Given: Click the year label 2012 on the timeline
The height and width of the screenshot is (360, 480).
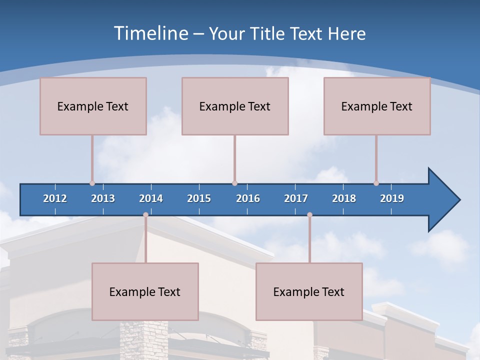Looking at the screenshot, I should tap(55, 198).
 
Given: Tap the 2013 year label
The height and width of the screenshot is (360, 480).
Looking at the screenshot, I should tap(103, 198).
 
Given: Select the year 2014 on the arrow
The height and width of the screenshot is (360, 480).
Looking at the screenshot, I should tap(151, 198).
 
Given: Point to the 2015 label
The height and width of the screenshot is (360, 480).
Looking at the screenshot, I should tap(199, 198).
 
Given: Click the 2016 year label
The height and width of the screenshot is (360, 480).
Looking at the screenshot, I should tap(248, 198).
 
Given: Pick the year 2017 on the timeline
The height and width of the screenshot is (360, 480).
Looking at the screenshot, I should tap(296, 198).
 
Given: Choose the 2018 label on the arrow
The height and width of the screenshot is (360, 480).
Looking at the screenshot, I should tap(344, 198).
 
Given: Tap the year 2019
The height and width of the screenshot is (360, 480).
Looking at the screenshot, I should tap(392, 198).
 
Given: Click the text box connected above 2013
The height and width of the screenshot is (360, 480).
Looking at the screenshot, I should tap(93, 106).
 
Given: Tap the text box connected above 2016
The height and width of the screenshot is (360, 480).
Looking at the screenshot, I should tap(235, 106).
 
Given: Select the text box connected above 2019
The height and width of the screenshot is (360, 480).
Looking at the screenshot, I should tap(377, 106).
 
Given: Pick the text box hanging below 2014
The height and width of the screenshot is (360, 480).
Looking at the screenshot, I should tap(145, 291).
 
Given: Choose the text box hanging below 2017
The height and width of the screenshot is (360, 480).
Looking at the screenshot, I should tap(309, 291).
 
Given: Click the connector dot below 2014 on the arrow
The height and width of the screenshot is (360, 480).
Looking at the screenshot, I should tap(145, 215).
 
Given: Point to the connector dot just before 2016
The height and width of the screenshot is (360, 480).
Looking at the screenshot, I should tap(234, 183).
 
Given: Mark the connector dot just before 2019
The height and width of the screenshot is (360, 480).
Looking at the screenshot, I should tap(376, 183).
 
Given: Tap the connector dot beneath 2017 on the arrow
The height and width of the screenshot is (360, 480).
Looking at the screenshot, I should tap(309, 215).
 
